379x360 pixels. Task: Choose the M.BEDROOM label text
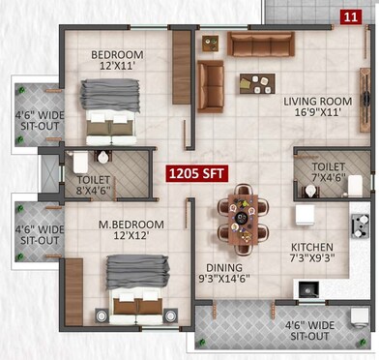[131, 230]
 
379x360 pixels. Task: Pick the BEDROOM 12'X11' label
[117, 61]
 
